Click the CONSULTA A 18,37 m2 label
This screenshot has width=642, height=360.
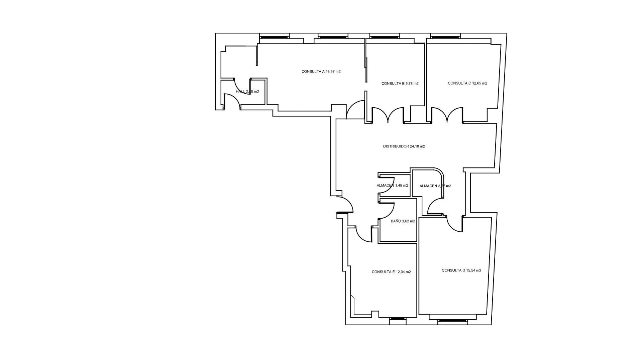pyautogui.click(x=321, y=72)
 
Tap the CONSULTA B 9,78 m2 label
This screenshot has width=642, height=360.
pyautogui.click(x=400, y=84)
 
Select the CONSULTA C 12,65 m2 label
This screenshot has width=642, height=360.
pyautogui.click(x=467, y=83)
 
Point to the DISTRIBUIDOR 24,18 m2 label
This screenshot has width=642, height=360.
pyautogui.click(x=404, y=146)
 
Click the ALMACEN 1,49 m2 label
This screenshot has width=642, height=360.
pyautogui.click(x=392, y=186)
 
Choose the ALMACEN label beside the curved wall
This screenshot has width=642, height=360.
pyautogui.click(x=435, y=186)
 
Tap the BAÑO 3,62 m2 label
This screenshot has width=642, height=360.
pyautogui.click(x=403, y=221)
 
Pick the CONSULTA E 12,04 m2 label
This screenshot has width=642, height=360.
pyautogui.click(x=391, y=272)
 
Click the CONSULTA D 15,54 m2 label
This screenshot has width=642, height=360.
pyautogui.click(x=461, y=270)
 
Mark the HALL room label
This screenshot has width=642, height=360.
pyautogui.click(x=247, y=92)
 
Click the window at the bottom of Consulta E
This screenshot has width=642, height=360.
pyautogui.click(x=398, y=319)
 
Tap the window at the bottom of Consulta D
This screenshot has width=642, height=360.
pyautogui.click(x=452, y=321)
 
